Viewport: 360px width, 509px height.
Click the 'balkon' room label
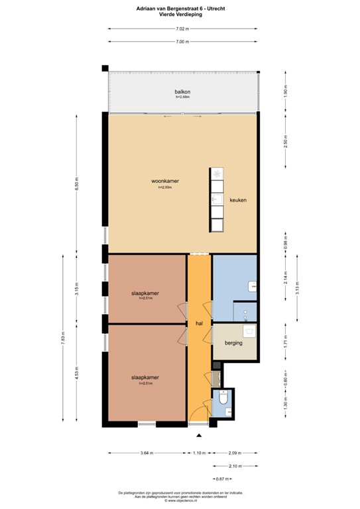coord(182,92)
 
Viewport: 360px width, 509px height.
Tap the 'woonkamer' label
coord(165,181)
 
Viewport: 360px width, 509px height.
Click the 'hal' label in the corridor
coord(199,323)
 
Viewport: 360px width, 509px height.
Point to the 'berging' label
coord(233,343)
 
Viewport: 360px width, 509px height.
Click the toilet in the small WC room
coord(223,400)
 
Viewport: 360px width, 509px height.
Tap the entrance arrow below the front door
coord(199,435)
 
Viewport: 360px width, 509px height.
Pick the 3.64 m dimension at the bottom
coord(147,453)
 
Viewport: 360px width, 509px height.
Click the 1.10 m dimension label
coord(199,453)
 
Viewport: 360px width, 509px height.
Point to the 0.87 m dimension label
coord(221,479)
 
